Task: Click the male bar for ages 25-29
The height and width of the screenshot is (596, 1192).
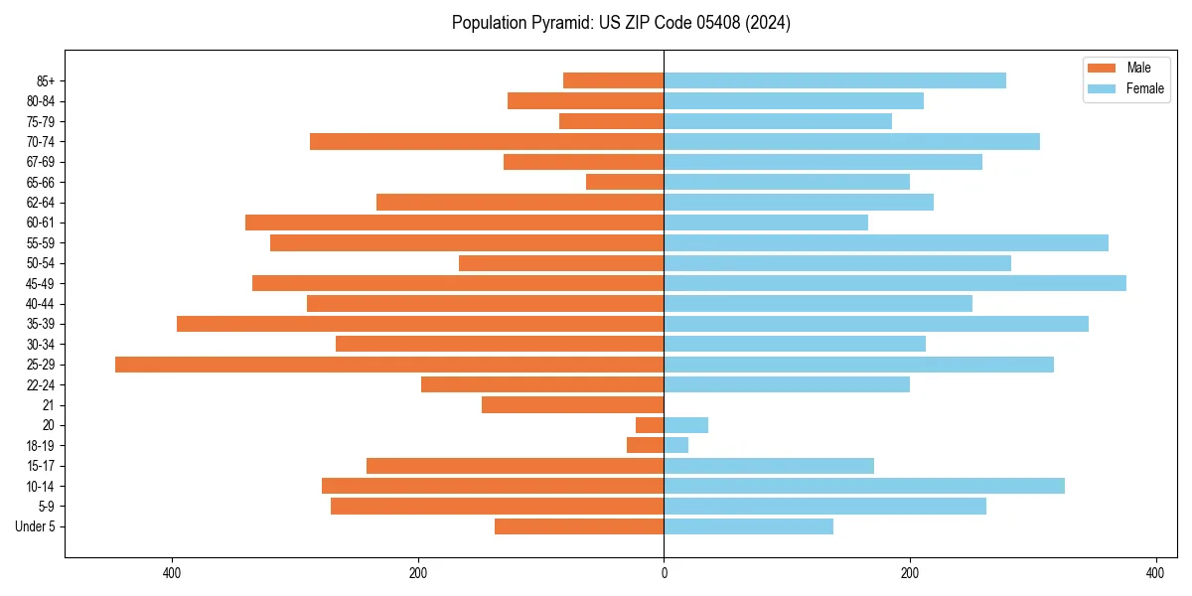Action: click(389, 365)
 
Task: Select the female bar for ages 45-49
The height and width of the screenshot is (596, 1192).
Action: click(895, 283)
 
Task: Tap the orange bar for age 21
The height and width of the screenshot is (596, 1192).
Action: click(572, 405)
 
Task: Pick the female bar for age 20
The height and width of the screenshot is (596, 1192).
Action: click(685, 425)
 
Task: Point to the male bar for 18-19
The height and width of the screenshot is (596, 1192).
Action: click(645, 445)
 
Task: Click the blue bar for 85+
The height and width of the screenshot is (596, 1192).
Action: click(834, 80)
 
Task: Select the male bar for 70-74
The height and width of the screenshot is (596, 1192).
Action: click(487, 141)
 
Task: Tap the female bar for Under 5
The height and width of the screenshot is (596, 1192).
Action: click(748, 526)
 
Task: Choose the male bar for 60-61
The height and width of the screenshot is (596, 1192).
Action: click(454, 223)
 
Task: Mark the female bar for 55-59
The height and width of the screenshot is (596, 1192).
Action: click(886, 242)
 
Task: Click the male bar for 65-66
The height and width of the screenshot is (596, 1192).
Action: click(625, 182)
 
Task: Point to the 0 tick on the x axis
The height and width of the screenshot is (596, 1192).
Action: click(664, 573)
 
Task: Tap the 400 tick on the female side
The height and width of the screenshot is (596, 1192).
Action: click(1154, 573)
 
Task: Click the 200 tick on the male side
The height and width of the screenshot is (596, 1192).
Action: click(418, 573)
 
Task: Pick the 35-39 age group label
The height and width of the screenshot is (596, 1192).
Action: click(41, 324)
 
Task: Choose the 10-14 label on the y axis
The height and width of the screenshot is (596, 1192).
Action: click(41, 486)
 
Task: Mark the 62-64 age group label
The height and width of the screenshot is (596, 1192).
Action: click(41, 203)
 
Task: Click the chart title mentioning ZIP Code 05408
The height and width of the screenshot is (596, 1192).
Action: click(621, 23)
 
